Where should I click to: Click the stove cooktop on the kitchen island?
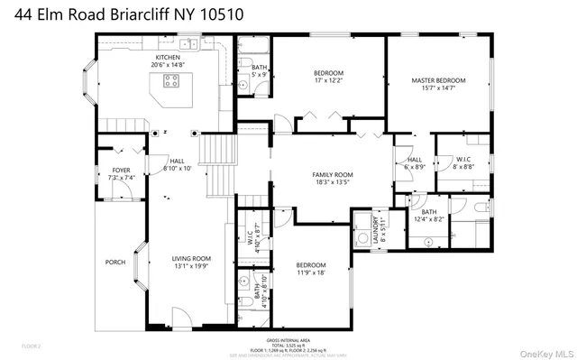pos(169,80)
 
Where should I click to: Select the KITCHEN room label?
pos(167,56)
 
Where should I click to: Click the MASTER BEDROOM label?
pos(437,80)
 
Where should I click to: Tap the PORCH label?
pos(115,262)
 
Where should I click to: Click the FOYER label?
pos(122,170)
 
